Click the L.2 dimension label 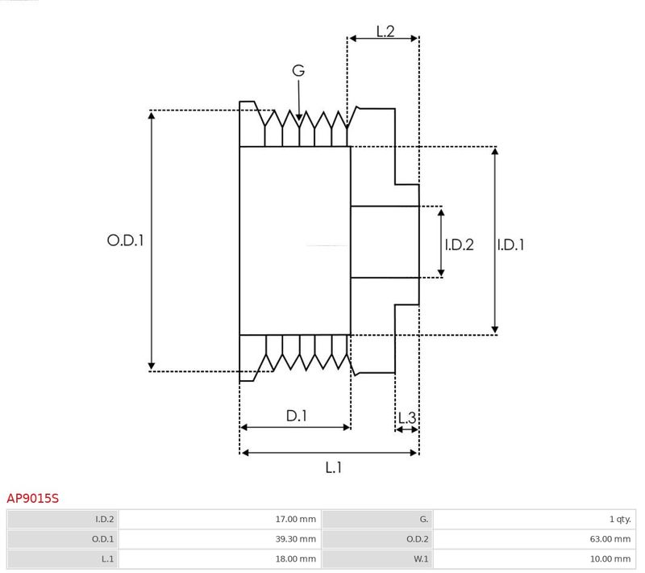(x=385, y=31)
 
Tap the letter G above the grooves (x=298, y=70)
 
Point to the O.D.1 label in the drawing (x=126, y=240)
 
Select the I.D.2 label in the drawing (x=459, y=245)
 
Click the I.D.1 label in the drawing (x=510, y=245)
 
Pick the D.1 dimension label (x=296, y=416)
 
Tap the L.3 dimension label (x=407, y=418)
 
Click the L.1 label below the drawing (x=333, y=467)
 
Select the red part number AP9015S (x=33, y=499)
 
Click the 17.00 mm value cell (x=295, y=520)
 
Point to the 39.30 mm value (x=295, y=539)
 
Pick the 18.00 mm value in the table (x=295, y=559)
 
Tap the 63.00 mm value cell (x=610, y=539)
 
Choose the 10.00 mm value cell (x=610, y=559)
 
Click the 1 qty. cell (x=620, y=520)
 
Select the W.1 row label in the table (x=421, y=559)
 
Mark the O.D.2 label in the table (x=417, y=539)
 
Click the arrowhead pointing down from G (x=299, y=117)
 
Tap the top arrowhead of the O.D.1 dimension (x=152, y=115)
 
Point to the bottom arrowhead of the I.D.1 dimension (x=495, y=330)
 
